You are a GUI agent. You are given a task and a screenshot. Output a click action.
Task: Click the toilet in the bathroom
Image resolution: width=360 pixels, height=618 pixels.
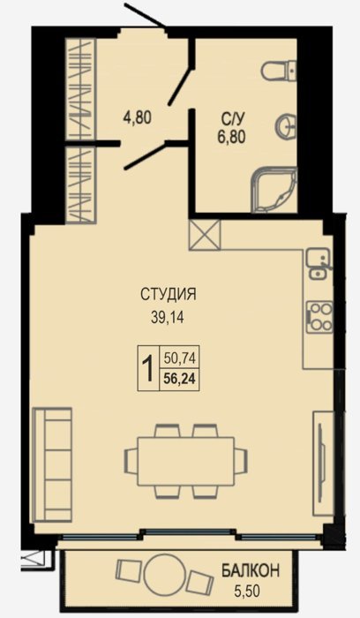tap(279, 70)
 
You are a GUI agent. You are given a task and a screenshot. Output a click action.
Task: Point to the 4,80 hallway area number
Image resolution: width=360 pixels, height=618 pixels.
tap(137, 117)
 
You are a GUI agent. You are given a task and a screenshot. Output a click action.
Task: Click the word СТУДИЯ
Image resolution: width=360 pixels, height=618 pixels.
tap(169, 294)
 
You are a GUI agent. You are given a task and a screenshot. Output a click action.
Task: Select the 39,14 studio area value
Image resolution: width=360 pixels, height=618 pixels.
tap(168, 318)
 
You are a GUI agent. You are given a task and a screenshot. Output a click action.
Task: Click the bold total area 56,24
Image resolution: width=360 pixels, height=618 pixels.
tap(179, 379)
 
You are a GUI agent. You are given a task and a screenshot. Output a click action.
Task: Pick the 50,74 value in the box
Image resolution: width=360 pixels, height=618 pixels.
tap(179, 358)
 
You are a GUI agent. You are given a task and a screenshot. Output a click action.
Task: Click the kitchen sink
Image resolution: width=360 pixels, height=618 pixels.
tap(319, 264)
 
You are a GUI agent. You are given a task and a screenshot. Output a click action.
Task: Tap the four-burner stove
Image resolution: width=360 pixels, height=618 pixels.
tap(319, 316)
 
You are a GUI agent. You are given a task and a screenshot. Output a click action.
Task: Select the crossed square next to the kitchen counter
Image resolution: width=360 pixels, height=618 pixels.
tap(205, 235)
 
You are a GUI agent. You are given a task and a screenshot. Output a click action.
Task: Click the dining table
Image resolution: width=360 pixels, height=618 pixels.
tap(185, 461)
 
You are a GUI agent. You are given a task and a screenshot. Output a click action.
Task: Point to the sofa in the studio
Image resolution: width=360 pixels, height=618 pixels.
tap(52, 465)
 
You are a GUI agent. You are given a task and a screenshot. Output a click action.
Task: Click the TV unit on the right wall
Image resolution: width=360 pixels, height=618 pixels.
tap(323, 463)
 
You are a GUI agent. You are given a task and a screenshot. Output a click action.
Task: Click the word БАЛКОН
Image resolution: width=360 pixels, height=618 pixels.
tap(250, 570)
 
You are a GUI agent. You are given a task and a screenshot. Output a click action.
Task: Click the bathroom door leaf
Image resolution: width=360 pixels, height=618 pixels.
tap(181, 87)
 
